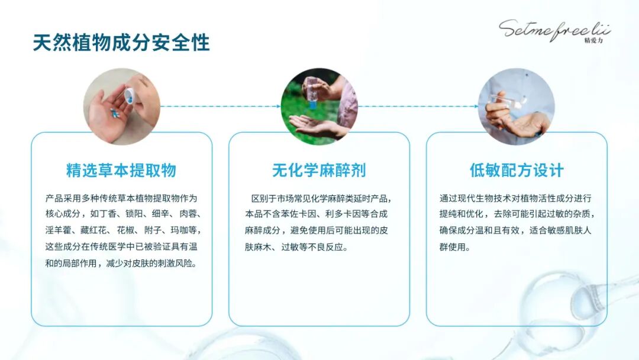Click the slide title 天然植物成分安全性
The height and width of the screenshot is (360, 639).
coord(121,43)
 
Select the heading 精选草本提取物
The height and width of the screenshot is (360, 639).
coord(121,171)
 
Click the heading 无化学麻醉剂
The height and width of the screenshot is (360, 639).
coord(319,171)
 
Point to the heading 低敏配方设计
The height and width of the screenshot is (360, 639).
coord(517,171)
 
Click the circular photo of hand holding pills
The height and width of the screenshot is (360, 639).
coord(121,107)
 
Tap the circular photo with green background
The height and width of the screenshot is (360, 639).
coord(319,107)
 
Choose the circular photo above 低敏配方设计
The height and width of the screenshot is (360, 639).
coord(517,107)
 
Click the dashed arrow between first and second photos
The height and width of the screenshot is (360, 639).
coord(220,107)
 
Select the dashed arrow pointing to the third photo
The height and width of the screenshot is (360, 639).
coord(418,107)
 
